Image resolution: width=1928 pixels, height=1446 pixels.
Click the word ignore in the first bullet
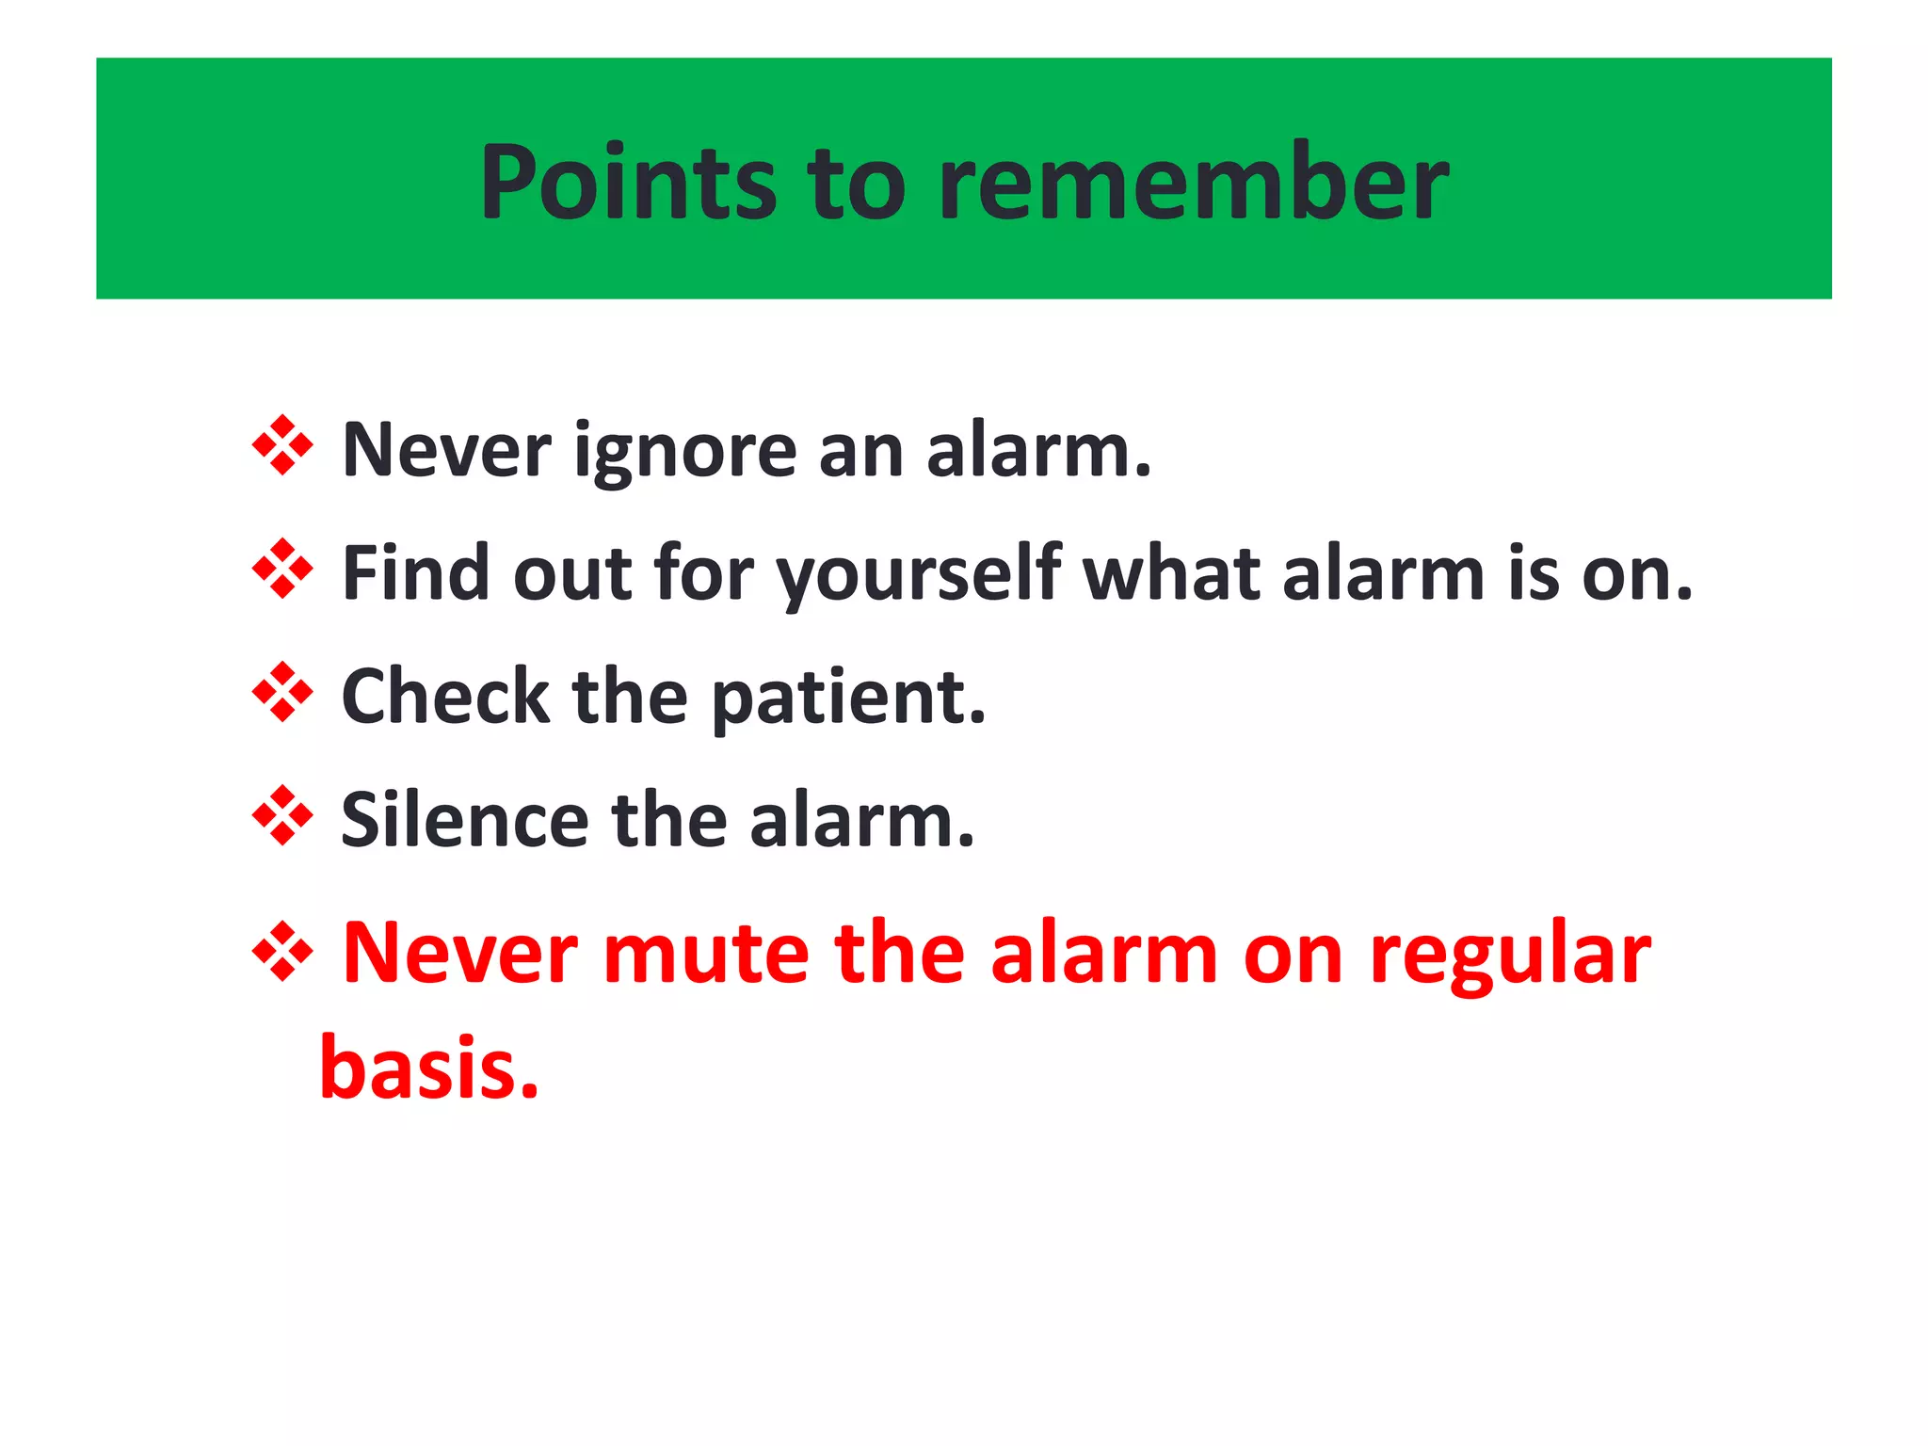[x=685, y=452]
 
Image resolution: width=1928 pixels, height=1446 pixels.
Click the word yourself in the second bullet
[x=919, y=574]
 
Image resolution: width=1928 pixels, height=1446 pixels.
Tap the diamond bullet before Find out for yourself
[x=282, y=569]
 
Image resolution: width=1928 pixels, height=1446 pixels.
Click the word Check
[x=444, y=697]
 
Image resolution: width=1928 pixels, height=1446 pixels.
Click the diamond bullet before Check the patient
[x=282, y=692]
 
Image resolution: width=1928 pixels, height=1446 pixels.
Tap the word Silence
[x=463, y=820]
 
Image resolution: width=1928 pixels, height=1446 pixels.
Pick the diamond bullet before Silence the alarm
[x=282, y=815]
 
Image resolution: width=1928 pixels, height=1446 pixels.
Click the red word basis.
[x=428, y=1068]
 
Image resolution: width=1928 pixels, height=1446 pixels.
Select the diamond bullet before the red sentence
[x=282, y=951]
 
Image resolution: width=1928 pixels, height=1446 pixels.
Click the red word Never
[x=459, y=955]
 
